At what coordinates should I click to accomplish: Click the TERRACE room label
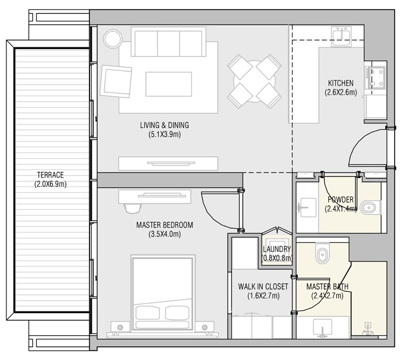coord(49,175)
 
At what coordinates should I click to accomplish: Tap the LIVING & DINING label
coord(164,125)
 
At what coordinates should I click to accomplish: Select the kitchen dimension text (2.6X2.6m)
coord(340,92)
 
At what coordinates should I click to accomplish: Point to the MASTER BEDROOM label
coord(164,225)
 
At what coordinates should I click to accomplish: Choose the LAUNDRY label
coord(276,249)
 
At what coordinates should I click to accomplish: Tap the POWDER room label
coord(340,200)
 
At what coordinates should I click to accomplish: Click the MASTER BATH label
coord(327,286)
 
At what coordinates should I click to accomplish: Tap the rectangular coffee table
coord(168,84)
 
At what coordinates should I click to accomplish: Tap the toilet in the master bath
coord(322,253)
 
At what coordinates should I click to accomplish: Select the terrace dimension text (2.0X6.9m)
coord(49,185)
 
